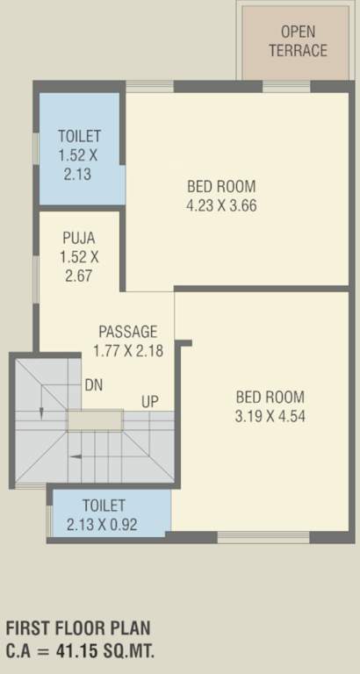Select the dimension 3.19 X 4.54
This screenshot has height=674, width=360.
(270, 416)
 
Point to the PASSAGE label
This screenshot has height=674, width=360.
(127, 332)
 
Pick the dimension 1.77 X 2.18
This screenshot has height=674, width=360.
(127, 351)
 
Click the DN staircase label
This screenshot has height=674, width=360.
(94, 385)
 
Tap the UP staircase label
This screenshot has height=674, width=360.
(150, 402)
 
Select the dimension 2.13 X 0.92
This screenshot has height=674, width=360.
(103, 525)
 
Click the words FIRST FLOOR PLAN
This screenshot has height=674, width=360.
(78, 628)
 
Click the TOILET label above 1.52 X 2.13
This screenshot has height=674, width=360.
(79, 136)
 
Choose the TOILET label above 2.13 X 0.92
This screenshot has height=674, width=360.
(104, 505)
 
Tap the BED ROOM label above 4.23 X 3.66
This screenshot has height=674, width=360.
(220, 186)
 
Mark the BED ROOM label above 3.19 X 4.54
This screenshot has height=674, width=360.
(270, 396)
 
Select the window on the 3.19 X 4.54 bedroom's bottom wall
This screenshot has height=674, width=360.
(250, 536)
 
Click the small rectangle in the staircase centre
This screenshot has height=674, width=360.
(95, 420)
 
